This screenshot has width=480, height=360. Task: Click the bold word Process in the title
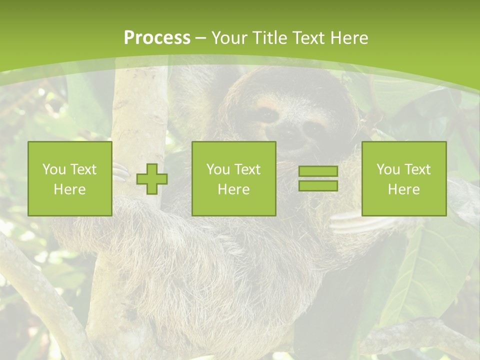(157, 38)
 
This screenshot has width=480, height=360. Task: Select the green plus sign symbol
(152, 179)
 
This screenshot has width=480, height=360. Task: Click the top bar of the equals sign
(318, 171)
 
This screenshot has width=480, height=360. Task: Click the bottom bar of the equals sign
(318, 185)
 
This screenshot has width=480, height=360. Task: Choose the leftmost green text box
(70, 179)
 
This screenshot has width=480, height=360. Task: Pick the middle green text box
(233, 179)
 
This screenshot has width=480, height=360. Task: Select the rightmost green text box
(403, 179)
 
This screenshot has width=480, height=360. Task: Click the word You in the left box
(53, 169)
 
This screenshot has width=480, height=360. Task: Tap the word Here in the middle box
(233, 189)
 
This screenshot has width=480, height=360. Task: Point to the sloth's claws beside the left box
(120, 172)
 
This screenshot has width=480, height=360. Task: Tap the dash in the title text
(200, 38)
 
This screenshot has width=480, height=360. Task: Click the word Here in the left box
(70, 189)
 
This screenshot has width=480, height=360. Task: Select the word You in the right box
(388, 169)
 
